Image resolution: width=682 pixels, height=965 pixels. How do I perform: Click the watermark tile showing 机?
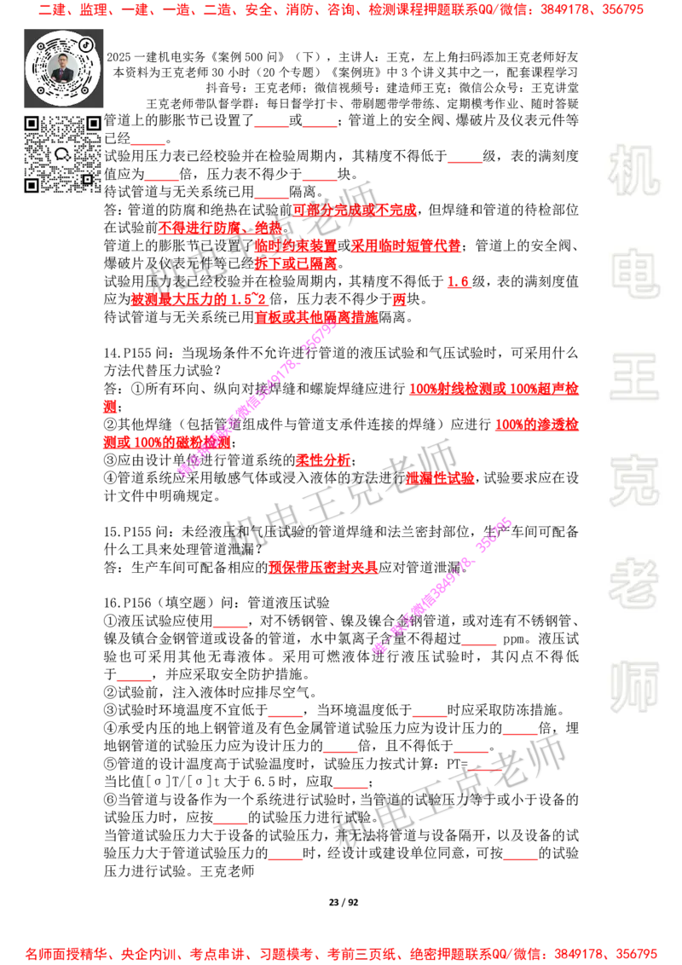633,170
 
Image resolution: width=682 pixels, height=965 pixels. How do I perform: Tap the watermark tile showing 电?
637,273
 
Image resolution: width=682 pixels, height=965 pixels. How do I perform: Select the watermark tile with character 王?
633,378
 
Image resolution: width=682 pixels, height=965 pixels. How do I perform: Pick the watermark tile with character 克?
633,481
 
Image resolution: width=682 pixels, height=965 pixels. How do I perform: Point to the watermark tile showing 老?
633,583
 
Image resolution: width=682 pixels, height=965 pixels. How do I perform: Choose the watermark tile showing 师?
633,688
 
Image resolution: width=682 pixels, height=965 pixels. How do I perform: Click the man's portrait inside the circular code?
63,67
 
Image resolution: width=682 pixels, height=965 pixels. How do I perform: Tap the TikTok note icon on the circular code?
88,43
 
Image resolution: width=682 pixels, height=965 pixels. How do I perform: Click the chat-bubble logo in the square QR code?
62,154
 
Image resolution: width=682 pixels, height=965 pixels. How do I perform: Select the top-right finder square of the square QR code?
93,124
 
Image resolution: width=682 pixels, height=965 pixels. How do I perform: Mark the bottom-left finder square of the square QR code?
32,185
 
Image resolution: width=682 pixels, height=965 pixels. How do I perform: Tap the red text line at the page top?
341,11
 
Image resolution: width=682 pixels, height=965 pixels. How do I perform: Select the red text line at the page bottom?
341,953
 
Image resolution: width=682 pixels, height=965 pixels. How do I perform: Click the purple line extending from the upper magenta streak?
337,398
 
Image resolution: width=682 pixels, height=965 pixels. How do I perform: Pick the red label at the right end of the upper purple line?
494,389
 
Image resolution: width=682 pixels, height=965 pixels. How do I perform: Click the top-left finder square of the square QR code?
32,124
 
